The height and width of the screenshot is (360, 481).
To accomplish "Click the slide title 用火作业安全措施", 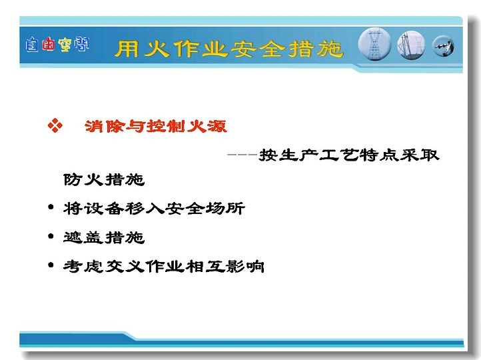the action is tap(229, 49).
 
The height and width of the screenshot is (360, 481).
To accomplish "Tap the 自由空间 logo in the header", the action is tap(57, 45).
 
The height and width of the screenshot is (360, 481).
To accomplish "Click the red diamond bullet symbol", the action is tap(55, 125).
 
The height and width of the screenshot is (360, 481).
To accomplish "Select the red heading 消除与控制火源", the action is tap(156, 126).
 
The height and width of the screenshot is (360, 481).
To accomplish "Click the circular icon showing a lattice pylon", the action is tap(374, 44).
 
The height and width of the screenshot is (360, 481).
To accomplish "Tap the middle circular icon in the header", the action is tap(411, 45).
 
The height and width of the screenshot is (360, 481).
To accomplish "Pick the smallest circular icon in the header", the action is tap(443, 47).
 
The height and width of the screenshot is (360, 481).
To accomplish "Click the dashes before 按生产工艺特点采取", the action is tap(242, 155).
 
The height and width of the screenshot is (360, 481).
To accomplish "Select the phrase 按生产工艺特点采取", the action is tap(349, 155).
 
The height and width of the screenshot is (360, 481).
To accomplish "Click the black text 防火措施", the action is tap(104, 179).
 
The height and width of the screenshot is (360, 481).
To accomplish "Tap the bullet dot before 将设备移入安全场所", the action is tap(51, 207).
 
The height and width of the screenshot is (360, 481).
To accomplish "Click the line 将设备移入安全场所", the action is tap(154, 209).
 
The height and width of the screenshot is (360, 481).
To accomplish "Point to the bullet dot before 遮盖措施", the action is tap(51, 236).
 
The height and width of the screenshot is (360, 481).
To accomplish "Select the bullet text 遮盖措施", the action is tap(104, 237).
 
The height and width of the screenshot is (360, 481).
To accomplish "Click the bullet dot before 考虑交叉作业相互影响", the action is tap(51, 265).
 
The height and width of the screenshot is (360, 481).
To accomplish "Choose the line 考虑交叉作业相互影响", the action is tap(163, 266).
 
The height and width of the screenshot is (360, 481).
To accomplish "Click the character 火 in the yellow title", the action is tap(156, 49).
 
